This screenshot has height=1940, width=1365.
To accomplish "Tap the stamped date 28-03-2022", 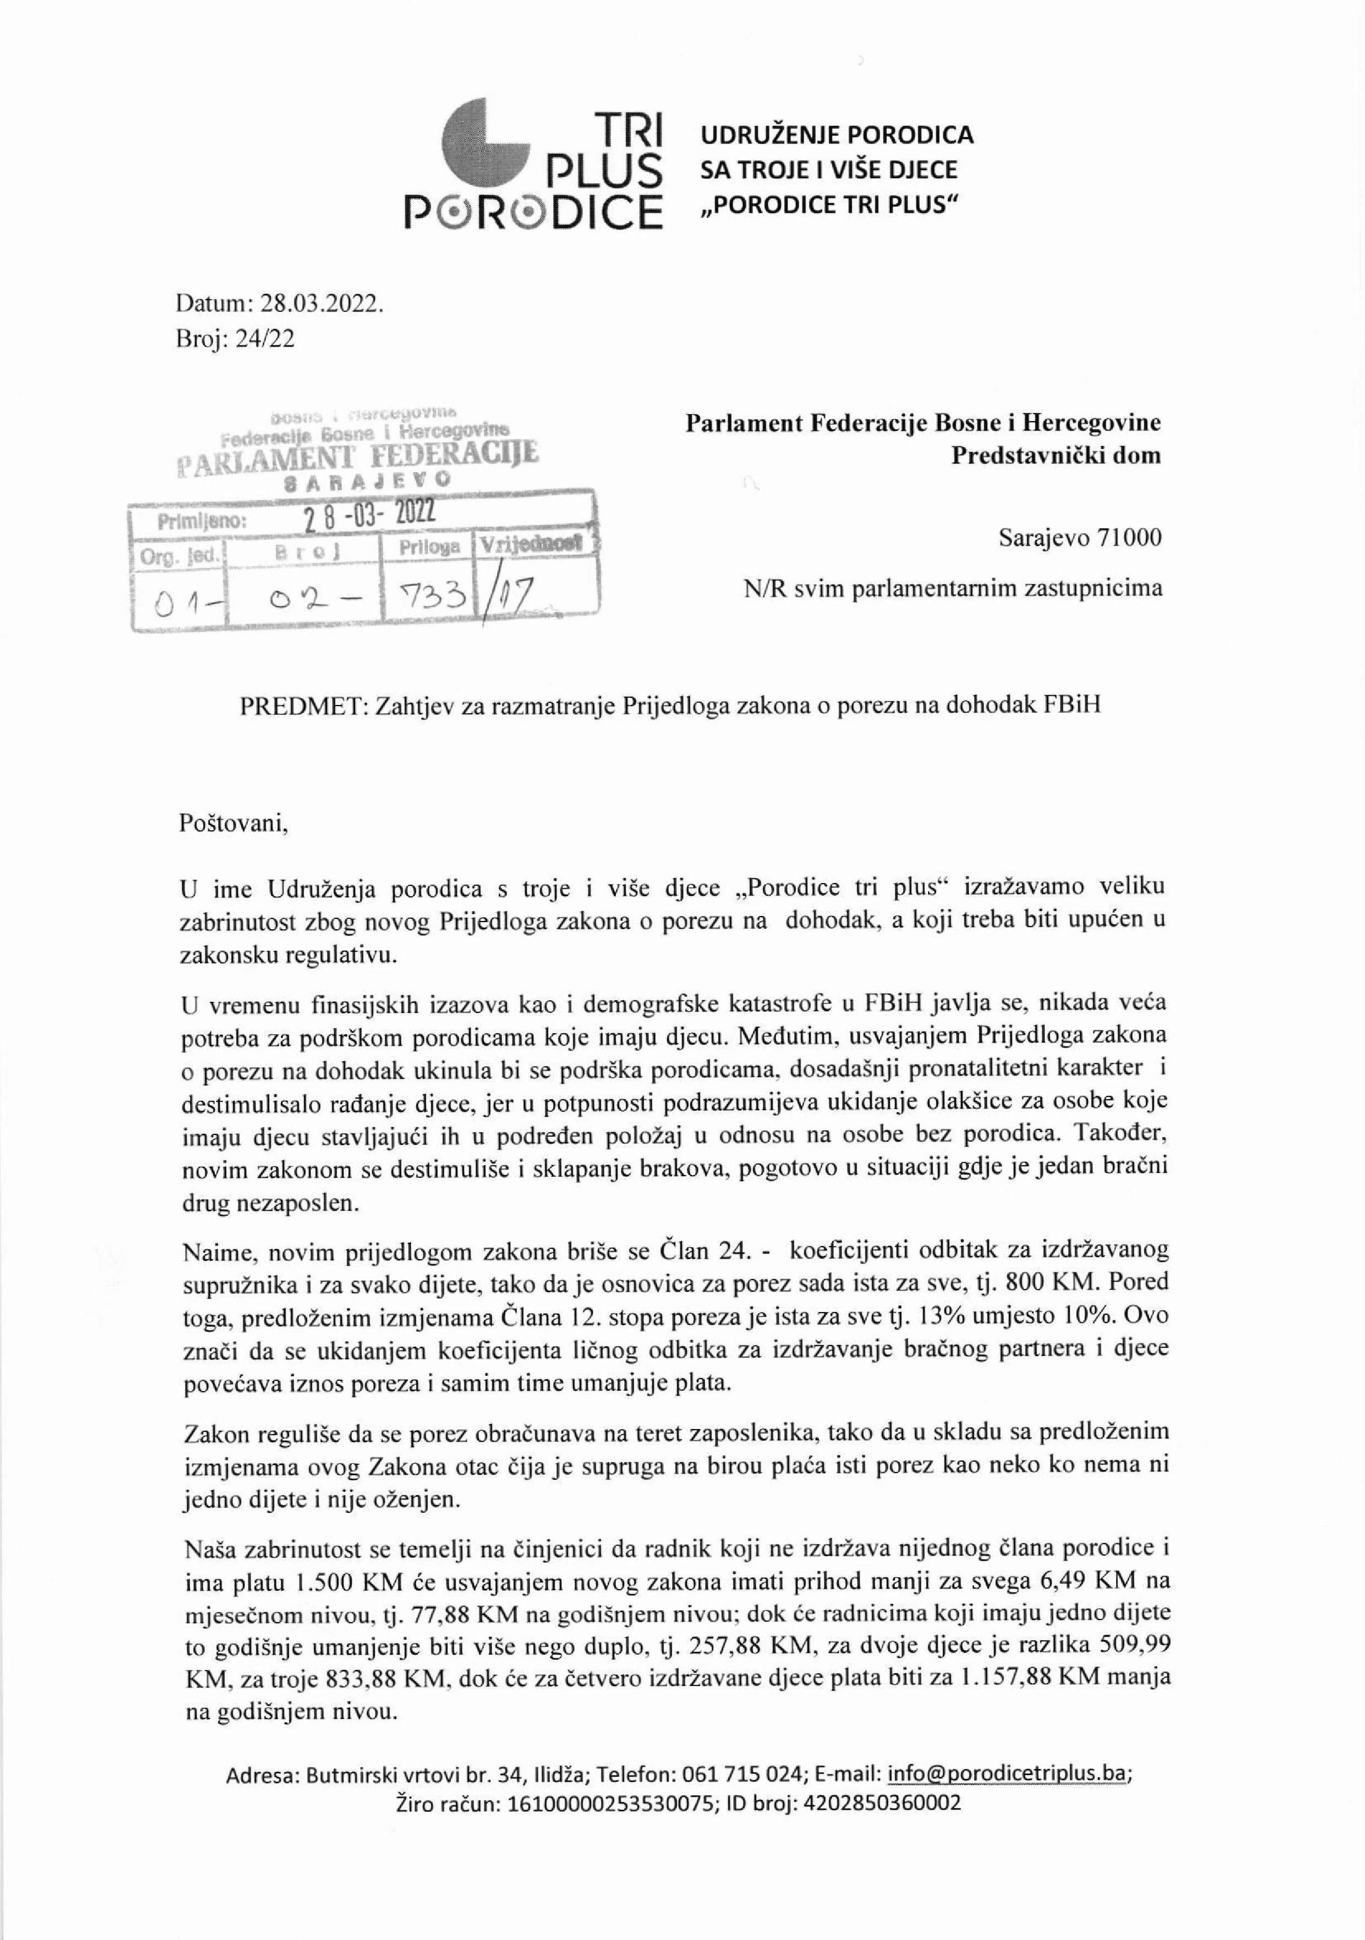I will (369, 513).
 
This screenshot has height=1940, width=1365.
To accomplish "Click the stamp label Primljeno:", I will (202, 521).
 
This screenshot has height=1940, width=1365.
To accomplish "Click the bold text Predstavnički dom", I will (1056, 455).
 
